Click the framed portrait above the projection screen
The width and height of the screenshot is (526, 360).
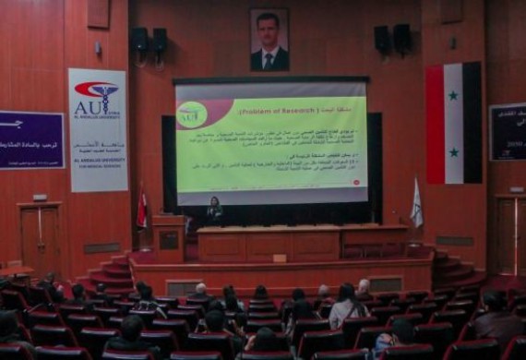269,40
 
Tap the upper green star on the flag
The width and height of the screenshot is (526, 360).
453,95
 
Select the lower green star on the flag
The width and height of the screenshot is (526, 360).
453,151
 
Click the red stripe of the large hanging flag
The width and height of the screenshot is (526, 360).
435,123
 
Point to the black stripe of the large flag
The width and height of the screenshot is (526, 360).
472,123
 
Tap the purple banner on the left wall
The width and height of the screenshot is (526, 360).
31,139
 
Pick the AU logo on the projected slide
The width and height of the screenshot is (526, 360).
191,115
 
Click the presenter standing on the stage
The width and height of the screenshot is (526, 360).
214,210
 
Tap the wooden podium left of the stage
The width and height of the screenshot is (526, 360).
168,237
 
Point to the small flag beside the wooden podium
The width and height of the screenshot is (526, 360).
141,210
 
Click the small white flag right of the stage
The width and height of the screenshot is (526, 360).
416,204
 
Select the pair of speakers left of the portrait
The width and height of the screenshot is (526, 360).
149,41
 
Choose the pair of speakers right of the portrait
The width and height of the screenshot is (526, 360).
393,39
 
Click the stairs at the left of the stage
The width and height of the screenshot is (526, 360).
111,271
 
